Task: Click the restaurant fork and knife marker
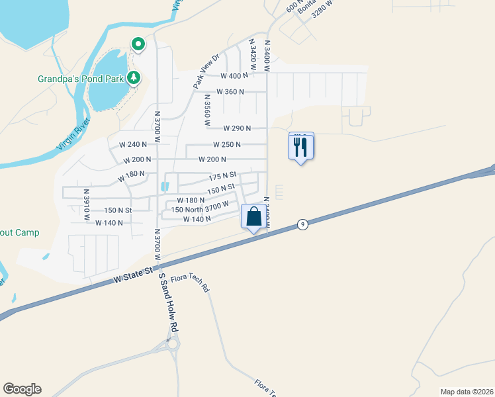301,146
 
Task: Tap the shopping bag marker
253,216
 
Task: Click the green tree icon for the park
134,78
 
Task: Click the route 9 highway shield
302,224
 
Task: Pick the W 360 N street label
231,92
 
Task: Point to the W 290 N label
237,128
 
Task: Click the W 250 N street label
227,144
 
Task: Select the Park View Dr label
206,71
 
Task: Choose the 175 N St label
222,175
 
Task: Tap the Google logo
22,389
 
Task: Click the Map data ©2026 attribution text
467,392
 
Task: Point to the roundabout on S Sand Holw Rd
173,344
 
